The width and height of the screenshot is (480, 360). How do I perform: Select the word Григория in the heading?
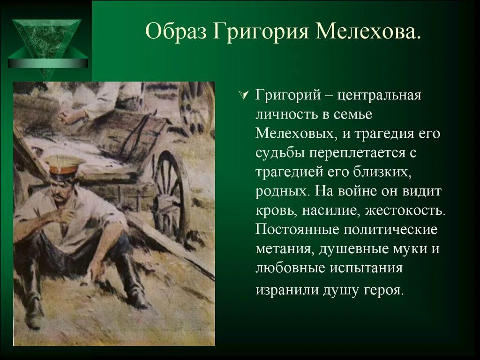click(x=263, y=33)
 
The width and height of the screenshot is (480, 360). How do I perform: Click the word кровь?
click(x=273, y=211)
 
